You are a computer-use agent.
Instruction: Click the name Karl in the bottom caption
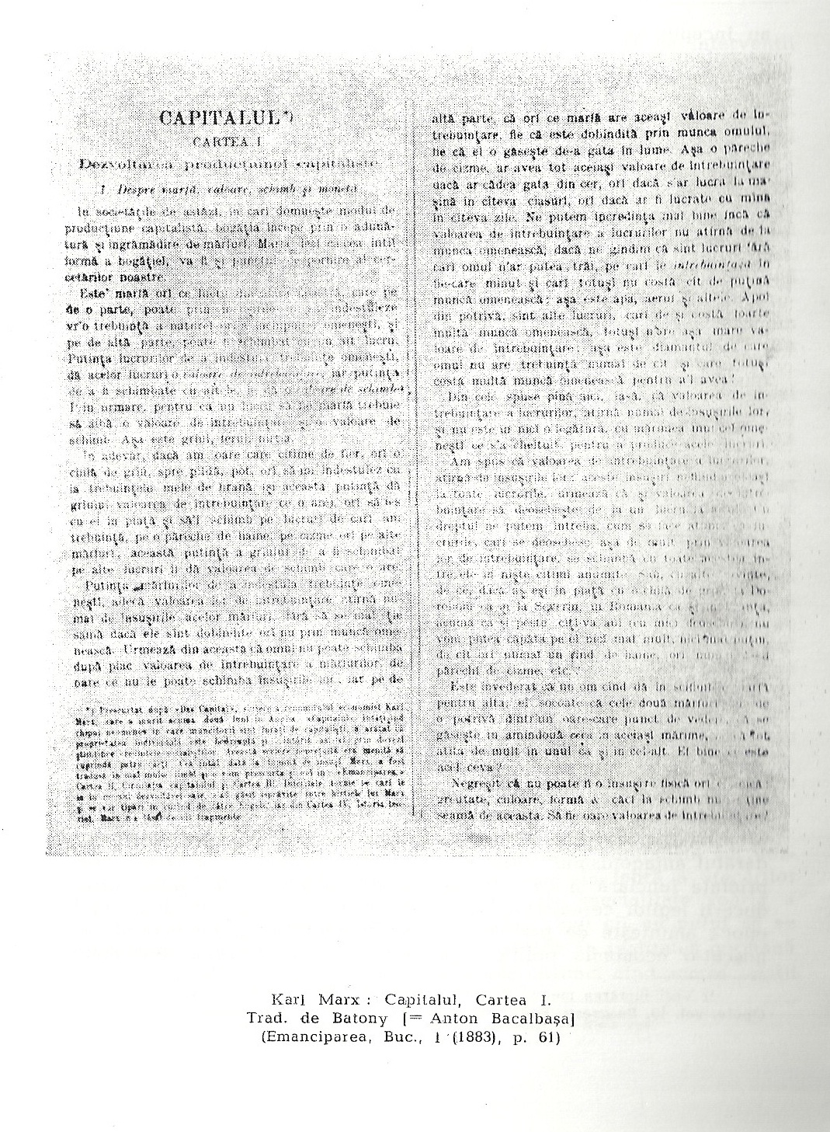pyautogui.click(x=287, y=998)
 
